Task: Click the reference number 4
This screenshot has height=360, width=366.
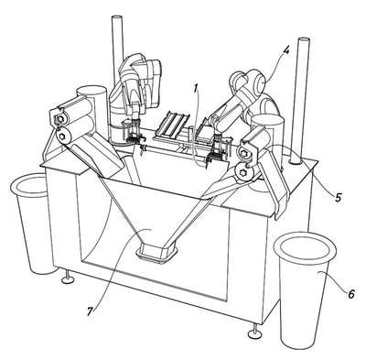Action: (285, 50)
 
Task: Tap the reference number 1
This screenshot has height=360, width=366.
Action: (196, 88)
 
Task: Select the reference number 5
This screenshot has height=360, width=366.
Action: (338, 197)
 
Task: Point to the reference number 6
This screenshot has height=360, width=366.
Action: (351, 294)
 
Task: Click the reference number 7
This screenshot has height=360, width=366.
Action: (90, 311)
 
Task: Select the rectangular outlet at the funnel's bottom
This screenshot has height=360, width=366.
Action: (156, 252)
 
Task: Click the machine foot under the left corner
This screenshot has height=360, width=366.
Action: (68, 276)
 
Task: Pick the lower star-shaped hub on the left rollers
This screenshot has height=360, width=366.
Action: (64, 136)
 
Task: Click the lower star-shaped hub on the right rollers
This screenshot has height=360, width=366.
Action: (244, 171)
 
